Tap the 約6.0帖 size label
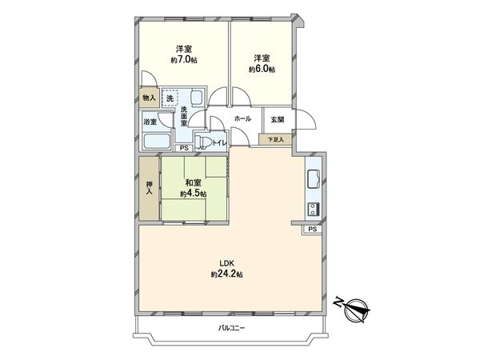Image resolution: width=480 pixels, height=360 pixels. tap(261, 70)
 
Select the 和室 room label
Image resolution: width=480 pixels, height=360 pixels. tap(193, 182)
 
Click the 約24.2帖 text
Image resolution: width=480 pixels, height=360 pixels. tap(226, 274)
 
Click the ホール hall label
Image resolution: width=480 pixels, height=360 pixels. tap(242, 119)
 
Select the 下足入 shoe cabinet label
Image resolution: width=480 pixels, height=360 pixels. tap(276, 139)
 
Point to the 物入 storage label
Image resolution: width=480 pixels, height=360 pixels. tap(148, 98)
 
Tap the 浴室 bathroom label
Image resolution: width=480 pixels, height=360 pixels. tap(150, 122)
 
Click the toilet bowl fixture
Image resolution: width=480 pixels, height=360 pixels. tap(205, 143)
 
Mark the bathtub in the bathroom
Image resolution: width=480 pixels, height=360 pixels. tap(155, 142)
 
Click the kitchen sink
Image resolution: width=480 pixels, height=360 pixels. tap(313, 178)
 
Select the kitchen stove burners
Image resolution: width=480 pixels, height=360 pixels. tap(312, 209)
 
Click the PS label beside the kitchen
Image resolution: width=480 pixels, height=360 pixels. tap(312, 230)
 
